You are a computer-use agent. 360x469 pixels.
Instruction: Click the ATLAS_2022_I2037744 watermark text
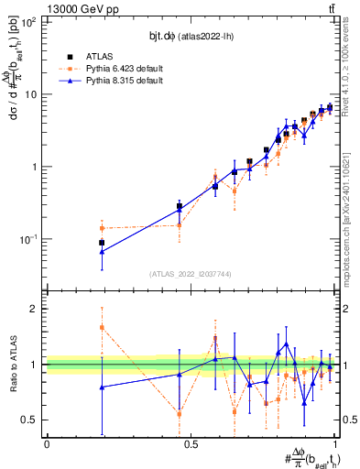[191, 273]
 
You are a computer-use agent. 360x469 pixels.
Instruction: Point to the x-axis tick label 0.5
[191, 445]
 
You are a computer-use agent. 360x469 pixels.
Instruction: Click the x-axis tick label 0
[47, 445]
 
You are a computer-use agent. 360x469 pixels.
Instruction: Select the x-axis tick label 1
[335, 445]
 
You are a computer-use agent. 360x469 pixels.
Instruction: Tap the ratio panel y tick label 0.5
[32, 420]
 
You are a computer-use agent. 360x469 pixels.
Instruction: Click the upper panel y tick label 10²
[30, 22]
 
